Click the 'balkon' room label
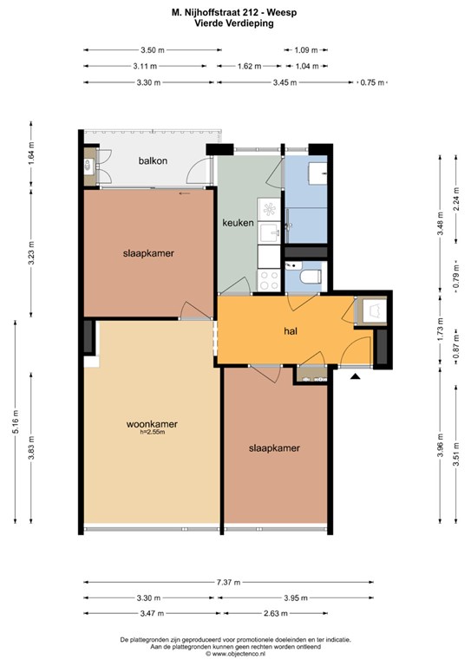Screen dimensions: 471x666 (153, 161)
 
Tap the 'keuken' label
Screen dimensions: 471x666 (238, 223)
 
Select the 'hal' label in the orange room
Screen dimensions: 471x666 (291, 331)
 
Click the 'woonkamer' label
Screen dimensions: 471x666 (152, 424)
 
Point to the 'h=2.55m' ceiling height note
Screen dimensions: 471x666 (152, 433)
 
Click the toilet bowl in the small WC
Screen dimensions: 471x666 (310, 277)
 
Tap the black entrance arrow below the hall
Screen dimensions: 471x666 (355, 375)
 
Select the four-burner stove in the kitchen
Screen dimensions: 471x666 (269, 280)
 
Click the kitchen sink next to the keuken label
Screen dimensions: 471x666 (269, 232)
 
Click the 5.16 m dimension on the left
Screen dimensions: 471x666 (16, 421)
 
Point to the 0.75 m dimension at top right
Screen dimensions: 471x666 (372, 82)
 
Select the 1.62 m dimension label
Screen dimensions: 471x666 (250, 66)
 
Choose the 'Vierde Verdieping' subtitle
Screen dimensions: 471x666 (234, 23)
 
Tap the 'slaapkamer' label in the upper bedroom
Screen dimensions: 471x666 (148, 253)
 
